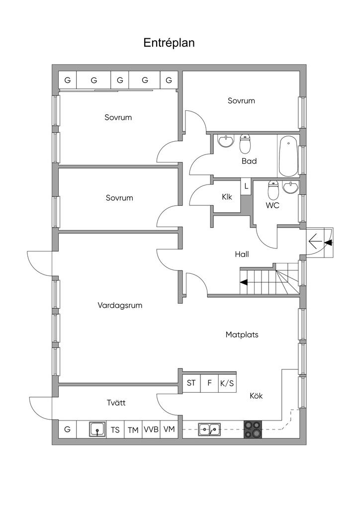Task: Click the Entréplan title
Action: click(x=169, y=43)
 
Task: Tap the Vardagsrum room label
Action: click(x=120, y=306)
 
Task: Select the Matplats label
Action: click(x=242, y=335)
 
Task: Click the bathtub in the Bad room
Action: click(x=288, y=156)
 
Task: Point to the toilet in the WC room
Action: click(x=274, y=190)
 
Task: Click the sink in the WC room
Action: click(x=290, y=187)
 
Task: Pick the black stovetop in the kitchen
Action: click(x=253, y=429)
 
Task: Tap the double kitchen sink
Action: click(x=209, y=429)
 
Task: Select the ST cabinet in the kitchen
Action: click(x=191, y=383)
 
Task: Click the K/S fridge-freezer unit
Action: click(x=227, y=383)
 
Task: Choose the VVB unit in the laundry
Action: click(x=151, y=429)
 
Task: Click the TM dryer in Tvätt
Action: click(x=133, y=429)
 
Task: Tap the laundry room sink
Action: click(x=97, y=429)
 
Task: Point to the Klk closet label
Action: click(x=227, y=197)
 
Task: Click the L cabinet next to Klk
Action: click(x=246, y=186)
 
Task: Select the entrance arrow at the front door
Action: click(x=316, y=242)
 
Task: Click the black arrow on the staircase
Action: click(x=244, y=282)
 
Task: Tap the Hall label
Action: click(x=242, y=254)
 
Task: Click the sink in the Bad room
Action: click(x=226, y=141)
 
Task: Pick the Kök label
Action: click(x=256, y=396)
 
